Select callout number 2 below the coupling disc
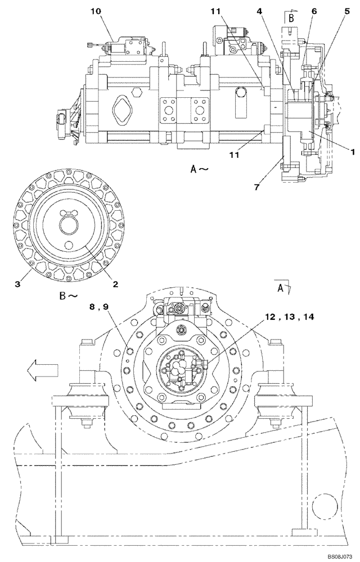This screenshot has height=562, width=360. tap(115, 285)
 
